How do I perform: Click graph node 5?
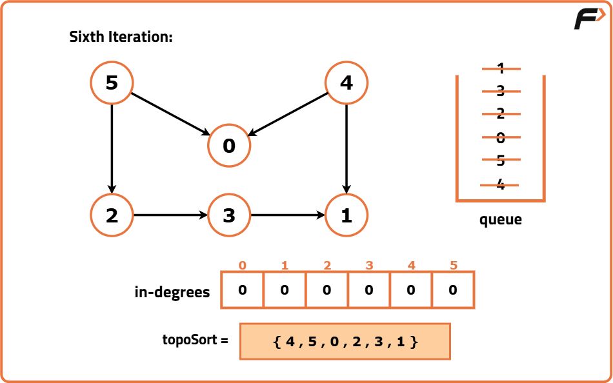(x=112, y=83)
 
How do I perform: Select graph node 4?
(x=347, y=83)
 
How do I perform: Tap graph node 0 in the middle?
(x=228, y=145)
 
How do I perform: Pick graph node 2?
(x=112, y=215)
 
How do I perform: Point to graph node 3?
(x=228, y=215)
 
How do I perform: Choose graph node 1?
(x=347, y=215)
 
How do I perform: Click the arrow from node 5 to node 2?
(x=112, y=149)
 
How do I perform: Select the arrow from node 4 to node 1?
(x=347, y=149)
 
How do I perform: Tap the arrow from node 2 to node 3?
(x=170, y=215)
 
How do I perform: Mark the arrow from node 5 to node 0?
(x=171, y=115)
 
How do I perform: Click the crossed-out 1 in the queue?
(x=501, y=69)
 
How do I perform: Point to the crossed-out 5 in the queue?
(x=501, y=160)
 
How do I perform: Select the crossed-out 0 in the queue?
(x=501, y=137)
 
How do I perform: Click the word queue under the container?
(x=501, y=220)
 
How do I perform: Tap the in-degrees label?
(x=172, y=292)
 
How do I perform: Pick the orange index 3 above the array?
(x=369, y=266)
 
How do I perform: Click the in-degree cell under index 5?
(x=453, y=290)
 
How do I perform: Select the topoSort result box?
(x=345, y=341)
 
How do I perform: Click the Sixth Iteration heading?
(x=121, y=37)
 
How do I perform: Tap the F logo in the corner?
(x=590, y=18)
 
